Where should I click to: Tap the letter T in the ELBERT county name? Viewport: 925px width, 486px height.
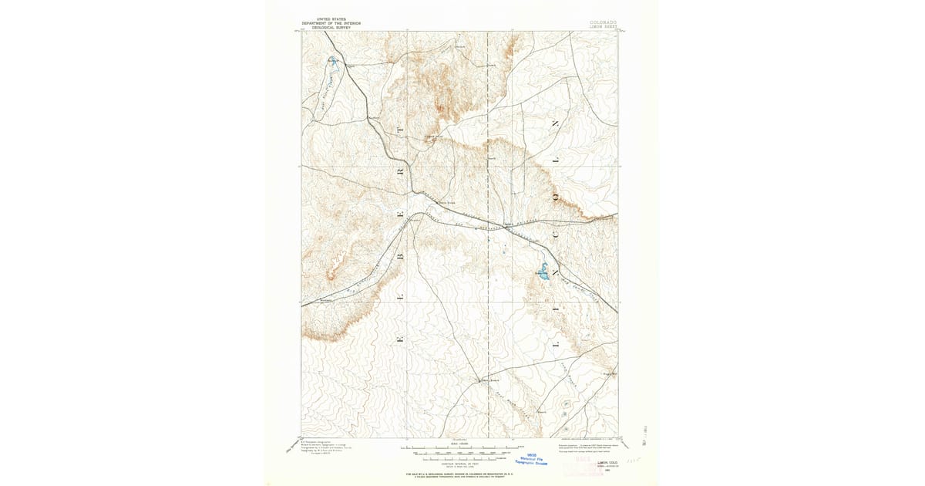[x=399, y=131]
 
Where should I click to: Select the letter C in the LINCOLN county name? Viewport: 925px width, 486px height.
[x=553, y=235]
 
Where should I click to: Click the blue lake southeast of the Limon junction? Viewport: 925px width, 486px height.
[x=543, y=272]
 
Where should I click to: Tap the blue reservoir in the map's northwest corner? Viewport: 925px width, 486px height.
[x=333, y=62]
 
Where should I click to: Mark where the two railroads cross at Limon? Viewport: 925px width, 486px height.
[x=507, y=225]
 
